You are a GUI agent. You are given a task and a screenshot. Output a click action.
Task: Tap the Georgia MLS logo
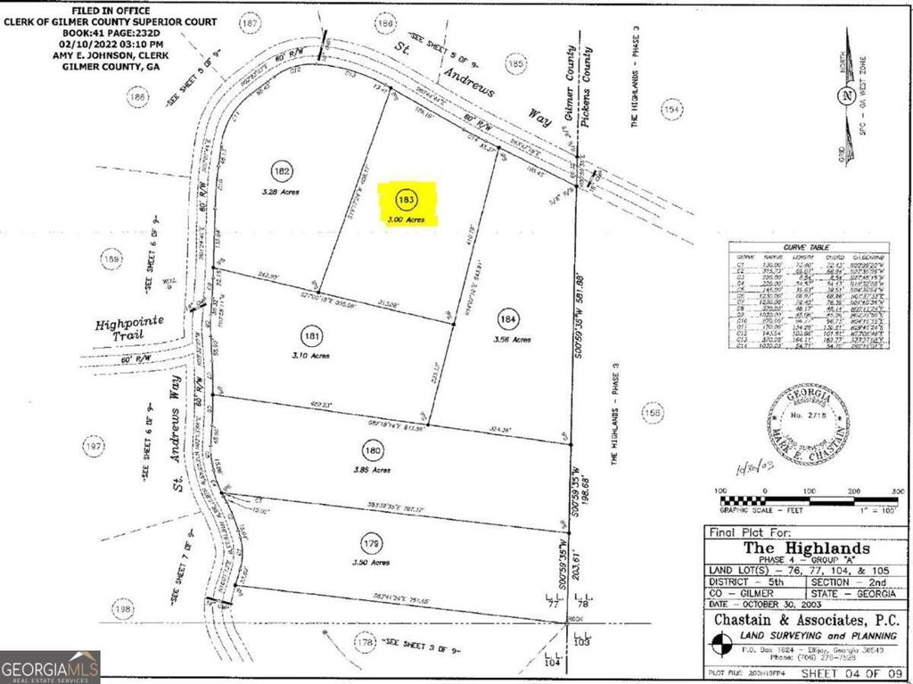pyautogui.click(x=50, y=666)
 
